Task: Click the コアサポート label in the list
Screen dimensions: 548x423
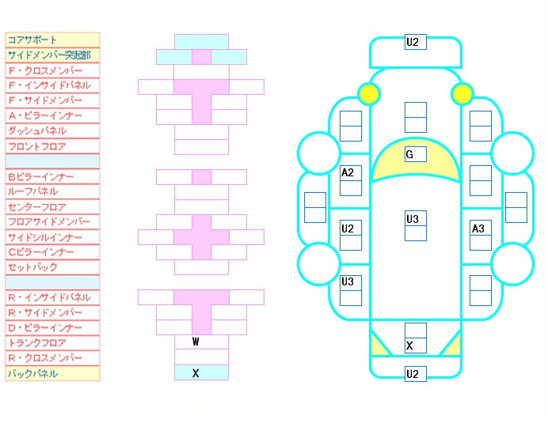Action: pos(32,40)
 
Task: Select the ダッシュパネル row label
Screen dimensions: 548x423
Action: pos(37,131)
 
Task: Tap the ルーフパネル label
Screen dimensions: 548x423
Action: pos(32,191)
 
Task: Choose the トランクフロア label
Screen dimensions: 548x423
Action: pos(36,343)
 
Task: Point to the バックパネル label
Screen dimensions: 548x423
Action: pos(32,374)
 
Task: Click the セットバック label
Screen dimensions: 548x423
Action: pos(32,267)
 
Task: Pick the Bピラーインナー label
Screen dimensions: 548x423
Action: pos(40,176)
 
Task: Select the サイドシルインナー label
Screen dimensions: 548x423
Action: pos(44,237)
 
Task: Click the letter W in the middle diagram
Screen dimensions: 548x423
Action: pos(196,342)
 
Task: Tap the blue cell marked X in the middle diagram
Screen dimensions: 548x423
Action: pos(201,372)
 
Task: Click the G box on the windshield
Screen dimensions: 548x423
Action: pos(416,154)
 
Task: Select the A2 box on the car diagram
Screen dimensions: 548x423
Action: pos(351,173)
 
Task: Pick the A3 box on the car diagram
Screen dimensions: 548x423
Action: pos(481,228)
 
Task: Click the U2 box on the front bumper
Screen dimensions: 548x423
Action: pos(416,42)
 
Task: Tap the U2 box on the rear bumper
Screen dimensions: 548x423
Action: pos(416,374)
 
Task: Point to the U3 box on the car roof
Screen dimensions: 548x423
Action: pos(416,218)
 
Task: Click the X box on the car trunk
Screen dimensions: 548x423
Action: pos(416,346)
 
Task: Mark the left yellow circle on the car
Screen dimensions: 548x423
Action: pos(369,94)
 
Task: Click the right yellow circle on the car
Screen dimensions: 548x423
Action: pos(462,94)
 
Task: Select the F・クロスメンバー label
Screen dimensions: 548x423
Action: pos(45,70)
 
